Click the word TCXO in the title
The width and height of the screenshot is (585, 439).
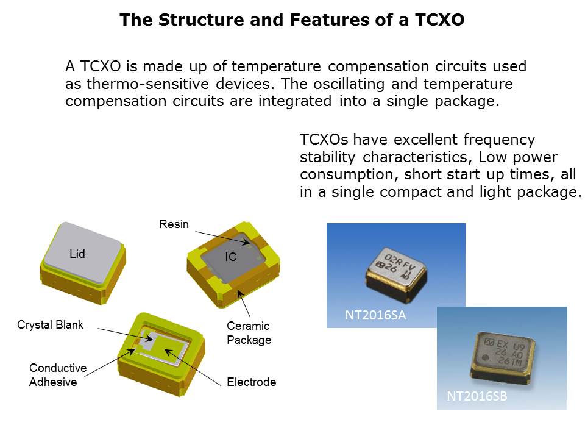(x=439, y=20)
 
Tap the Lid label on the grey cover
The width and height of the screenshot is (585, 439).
(x=77, y=254)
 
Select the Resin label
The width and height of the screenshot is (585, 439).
(x=174, y=224)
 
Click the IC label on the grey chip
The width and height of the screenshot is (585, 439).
(x=230, y=257)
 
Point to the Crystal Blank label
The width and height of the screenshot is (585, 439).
(x=50, y=325)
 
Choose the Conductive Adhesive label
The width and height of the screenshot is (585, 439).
(x=58, y=375)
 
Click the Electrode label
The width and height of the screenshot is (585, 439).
(x=252, y=382)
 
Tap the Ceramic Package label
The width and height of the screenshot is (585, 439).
(x=249, y=333)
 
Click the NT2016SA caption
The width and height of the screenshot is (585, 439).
(x=375, y=315)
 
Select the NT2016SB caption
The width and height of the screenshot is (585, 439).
(x=477, y=396)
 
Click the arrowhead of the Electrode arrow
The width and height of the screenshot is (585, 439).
(x=166, y=351)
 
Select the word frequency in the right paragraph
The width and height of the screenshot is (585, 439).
(x=499, y=140)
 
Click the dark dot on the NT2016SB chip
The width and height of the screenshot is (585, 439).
(x=486, y=359)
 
